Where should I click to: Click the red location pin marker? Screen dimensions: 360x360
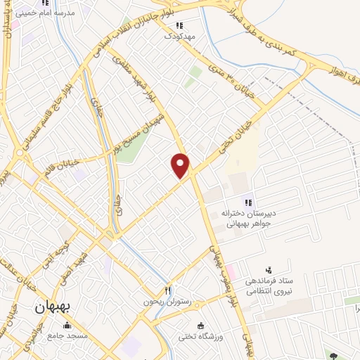pos(181,165)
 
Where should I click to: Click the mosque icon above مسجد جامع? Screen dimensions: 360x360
pos(67,326)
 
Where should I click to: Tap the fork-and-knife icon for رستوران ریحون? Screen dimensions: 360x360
pos(167,290)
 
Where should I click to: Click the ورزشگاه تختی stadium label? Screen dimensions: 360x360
pos(202,337)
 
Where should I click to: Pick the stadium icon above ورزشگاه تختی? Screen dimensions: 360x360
pos(202,326)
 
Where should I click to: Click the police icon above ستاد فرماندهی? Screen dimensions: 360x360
pos(267,269)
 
